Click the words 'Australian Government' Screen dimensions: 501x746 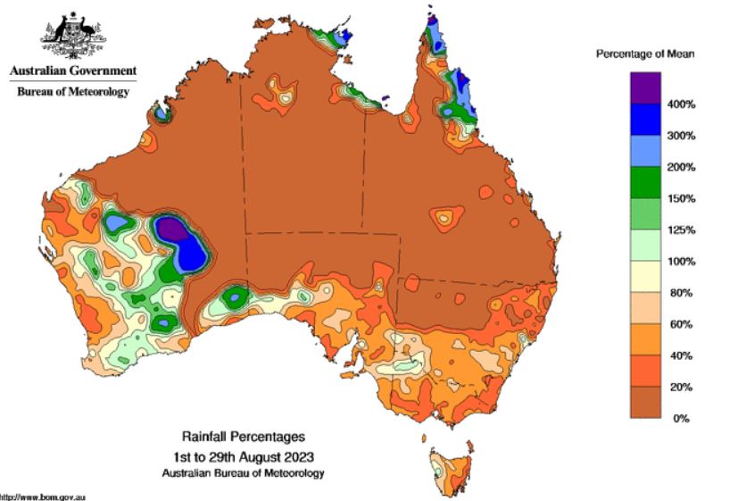73,71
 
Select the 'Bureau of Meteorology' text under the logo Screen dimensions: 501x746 73,91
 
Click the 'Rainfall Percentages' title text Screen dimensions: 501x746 244,437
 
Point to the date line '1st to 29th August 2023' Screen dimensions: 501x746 244,455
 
